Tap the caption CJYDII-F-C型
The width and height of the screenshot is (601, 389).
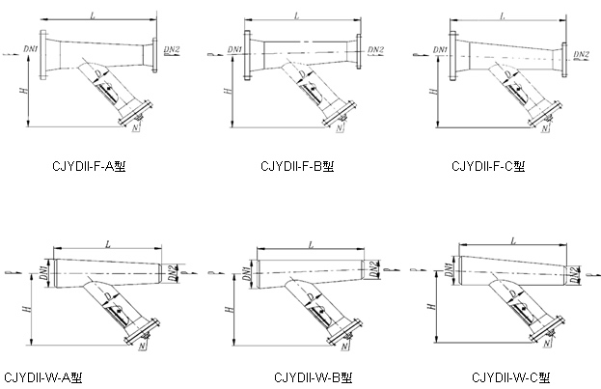(488, 167)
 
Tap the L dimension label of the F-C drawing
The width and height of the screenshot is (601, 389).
(503, 16)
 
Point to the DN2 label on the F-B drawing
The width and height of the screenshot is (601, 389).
(376, 49)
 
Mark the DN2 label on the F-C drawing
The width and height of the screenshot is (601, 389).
(581, 54)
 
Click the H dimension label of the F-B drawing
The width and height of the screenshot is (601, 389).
(228, 92)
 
